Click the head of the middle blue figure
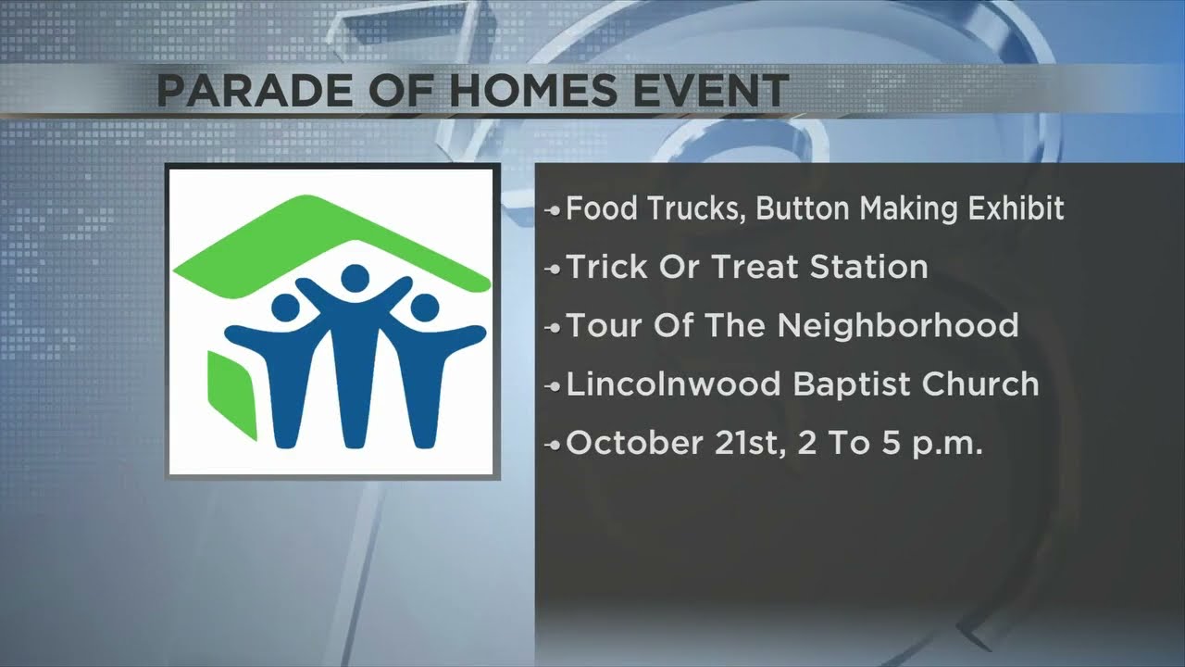tap(354, 277)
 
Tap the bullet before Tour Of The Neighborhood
tap(554, 328)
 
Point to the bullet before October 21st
tap(554, 445)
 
